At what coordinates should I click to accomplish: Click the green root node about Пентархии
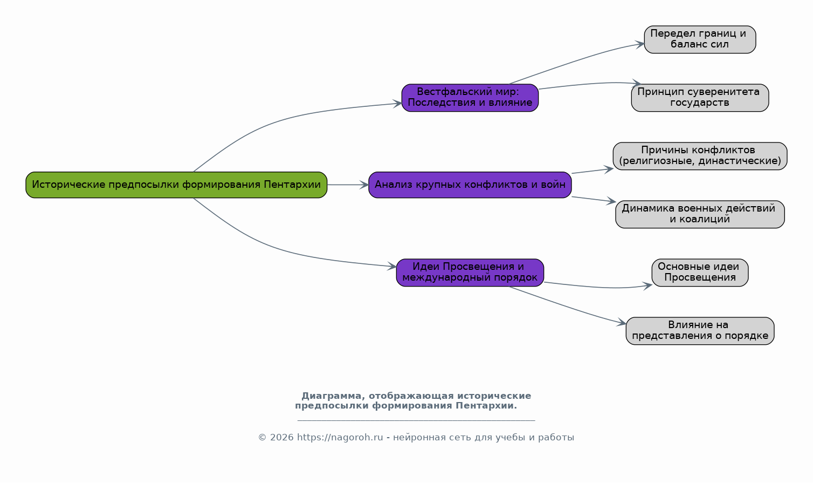pyautogui.click(x=176, y=185)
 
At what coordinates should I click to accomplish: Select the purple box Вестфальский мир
pyautogui.click(x=470, y=98)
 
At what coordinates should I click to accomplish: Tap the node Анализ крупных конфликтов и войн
pyautogui.click(x=470, y=185)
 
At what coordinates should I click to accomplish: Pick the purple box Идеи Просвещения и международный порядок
pyautogui.click(x=470, y=273)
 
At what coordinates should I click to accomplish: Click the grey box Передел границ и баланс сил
pyautogui.click(x=700, y=39)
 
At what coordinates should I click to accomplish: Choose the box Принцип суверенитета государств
pyautogui.click(x=700, y=98)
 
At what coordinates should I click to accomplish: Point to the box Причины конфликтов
pyautogui.click(x=700, y=157)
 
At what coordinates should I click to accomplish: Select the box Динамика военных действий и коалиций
pyautogui.click(x=700, y=214)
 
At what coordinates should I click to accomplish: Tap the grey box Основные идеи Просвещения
pyautogui.click(x=700, y=273)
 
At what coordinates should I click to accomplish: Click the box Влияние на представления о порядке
pyautogui.click(x=700, y=331)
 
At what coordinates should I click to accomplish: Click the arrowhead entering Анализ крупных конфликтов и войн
pyautogui.click(x=364, y=185)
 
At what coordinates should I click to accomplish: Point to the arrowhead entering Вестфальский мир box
pyautogui.click(x=397, y=104)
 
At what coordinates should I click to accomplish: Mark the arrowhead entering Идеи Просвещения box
pyautogui.click(x=392, y=267)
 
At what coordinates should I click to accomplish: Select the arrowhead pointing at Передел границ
pyautogui.click(x=640, y=44)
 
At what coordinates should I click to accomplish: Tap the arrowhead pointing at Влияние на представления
pyautogui.click(x=622, y=322)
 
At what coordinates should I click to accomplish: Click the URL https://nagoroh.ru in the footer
pyautogui.click(x=340, y=437)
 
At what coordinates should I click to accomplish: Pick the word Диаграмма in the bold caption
pyautogui.click(x=333, y=396)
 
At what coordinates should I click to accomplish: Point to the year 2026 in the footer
pyautogui.click(x=281, y=437)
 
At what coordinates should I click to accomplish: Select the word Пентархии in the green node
pyautogui.click(x=292, y=185)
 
